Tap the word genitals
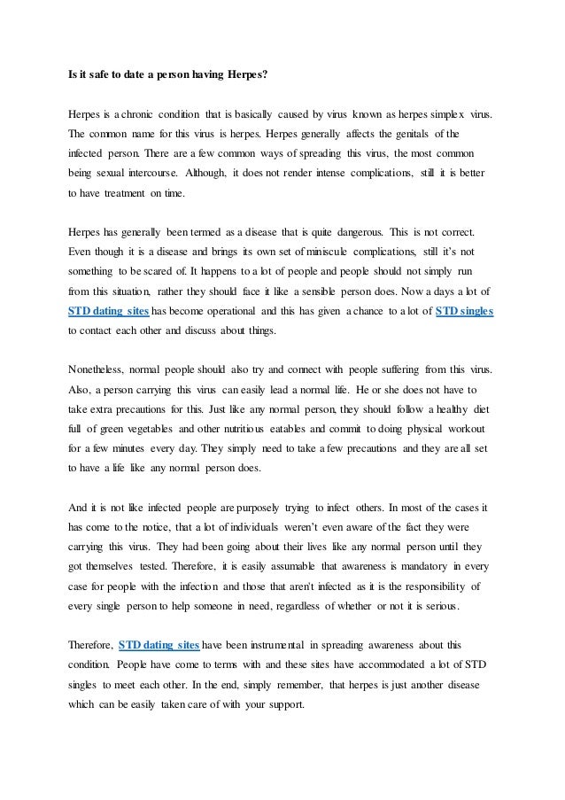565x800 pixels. (x=384, y=134)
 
